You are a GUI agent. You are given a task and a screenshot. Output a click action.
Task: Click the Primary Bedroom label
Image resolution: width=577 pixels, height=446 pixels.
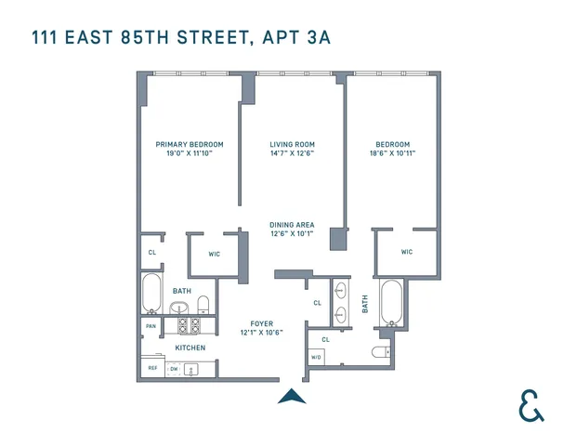tap(190, 144)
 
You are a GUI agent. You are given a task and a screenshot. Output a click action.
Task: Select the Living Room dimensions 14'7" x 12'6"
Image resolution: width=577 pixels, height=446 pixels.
tap(292, 153)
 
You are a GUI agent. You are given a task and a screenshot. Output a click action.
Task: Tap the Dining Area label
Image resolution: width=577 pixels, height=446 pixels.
tap(292, 225)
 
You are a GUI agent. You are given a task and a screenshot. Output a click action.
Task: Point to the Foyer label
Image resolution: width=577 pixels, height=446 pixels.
tap(261, 323)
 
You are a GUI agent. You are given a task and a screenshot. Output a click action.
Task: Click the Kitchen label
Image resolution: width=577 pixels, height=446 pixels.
tap(190, 348)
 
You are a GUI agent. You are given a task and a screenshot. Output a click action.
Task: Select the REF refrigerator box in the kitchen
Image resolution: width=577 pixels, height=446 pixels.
tap(152, 368)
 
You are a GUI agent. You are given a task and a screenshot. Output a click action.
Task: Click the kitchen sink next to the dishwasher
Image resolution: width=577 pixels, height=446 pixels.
tap(192, 369)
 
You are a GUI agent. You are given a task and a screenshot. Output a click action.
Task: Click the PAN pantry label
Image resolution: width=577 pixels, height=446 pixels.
tap(151, 326)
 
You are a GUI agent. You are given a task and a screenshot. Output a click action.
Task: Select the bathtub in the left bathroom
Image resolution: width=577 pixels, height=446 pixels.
tap(151, 293)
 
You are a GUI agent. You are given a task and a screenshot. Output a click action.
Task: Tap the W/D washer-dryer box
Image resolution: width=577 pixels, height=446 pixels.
tap(316, 357)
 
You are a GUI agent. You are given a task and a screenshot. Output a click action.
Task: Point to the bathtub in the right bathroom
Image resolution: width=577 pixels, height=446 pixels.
tap(391, 301)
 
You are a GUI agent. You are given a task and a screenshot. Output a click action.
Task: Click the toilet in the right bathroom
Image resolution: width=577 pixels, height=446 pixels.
tap(381, 352)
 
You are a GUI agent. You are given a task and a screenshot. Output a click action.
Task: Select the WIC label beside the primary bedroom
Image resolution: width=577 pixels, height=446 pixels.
tap(214, 253)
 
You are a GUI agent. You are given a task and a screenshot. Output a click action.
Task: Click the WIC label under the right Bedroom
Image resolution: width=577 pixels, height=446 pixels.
tap(407, 252)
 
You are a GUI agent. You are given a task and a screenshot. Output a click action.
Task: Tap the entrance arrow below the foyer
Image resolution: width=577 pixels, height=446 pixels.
tap(292, 397)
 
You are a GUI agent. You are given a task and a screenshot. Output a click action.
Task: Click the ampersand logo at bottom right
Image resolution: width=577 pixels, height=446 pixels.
tap(531, 405)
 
